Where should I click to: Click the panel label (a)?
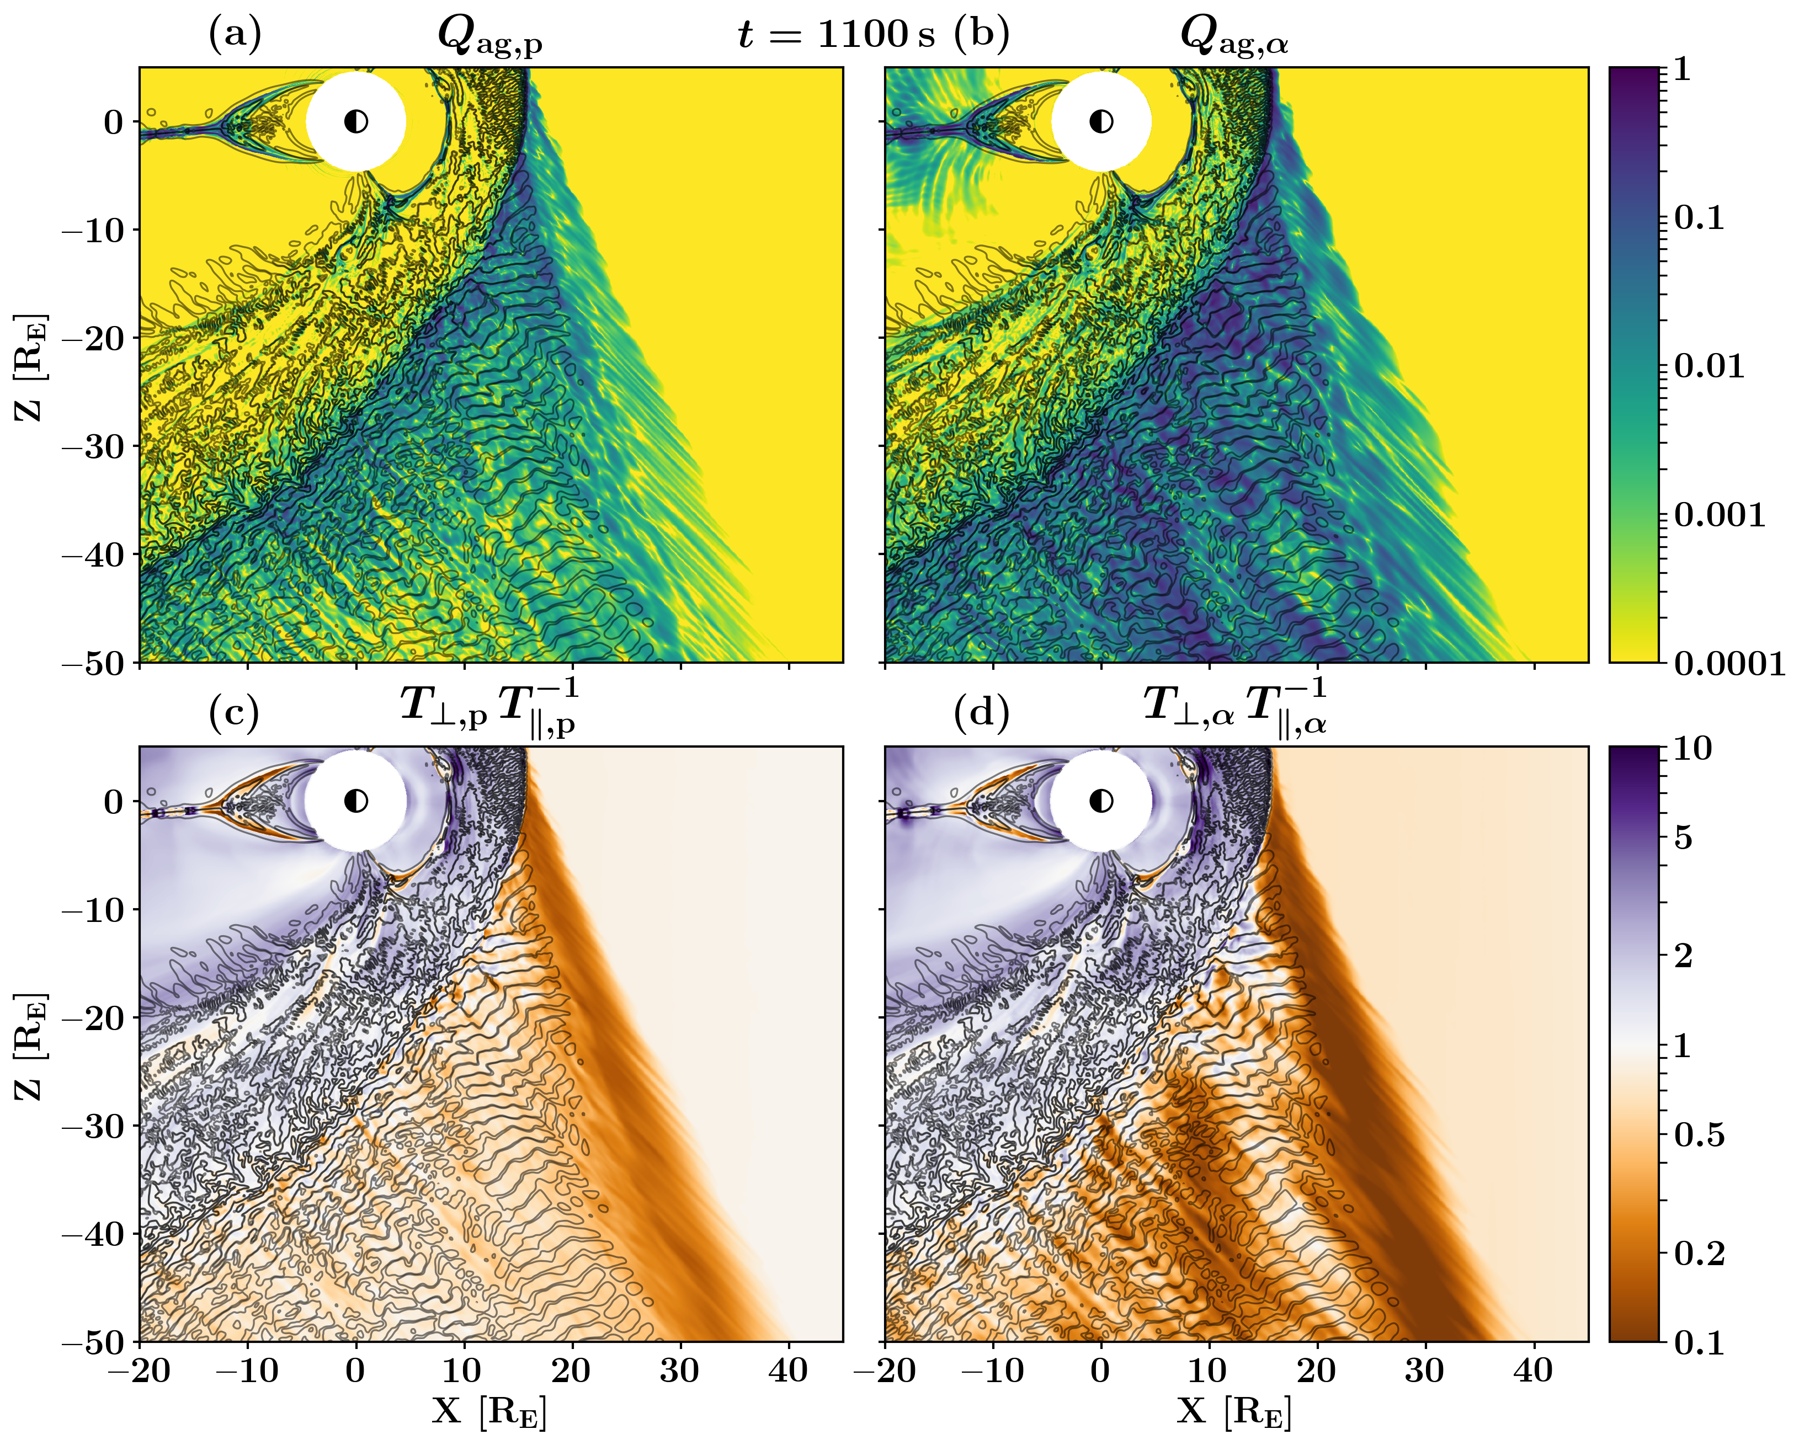(235, 34)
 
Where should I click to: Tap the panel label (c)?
(235, 712)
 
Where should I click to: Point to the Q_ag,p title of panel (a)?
(491, 38)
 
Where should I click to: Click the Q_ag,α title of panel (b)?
(1234, 38)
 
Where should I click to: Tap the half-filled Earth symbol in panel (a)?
(356, 122)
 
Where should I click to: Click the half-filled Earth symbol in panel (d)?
(1101, 801)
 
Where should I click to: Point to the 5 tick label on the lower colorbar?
(1684, 837)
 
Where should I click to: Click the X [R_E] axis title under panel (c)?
(490, 1411)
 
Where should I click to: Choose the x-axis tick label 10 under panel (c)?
(462, 1370)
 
